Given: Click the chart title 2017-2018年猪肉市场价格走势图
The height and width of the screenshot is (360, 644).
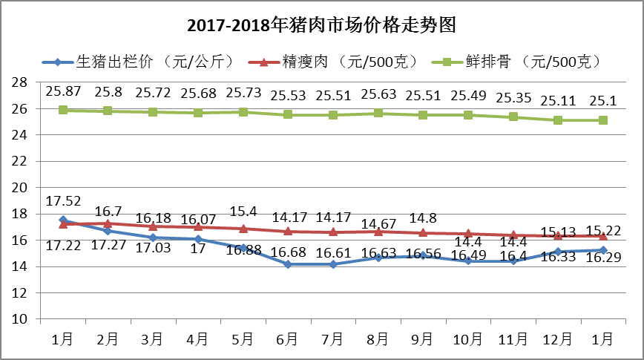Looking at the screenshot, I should (x=321, y=25).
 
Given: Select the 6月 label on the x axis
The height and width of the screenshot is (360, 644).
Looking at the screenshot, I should (x=287, y=339).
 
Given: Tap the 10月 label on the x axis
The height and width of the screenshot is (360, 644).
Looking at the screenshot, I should (x=467, y=339).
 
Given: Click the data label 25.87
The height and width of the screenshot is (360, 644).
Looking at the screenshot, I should (x=63, y=91).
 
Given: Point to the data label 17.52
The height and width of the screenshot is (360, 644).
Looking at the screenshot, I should (x=63, y=200).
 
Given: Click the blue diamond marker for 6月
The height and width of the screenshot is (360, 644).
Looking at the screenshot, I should (x=287, y=264).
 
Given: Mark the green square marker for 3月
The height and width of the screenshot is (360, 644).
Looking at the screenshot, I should (x=153, y=112).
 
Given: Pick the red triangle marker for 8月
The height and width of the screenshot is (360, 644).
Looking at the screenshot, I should (x=378, y=232).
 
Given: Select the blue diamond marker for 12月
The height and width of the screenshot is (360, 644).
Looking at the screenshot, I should (x=558, y=252).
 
